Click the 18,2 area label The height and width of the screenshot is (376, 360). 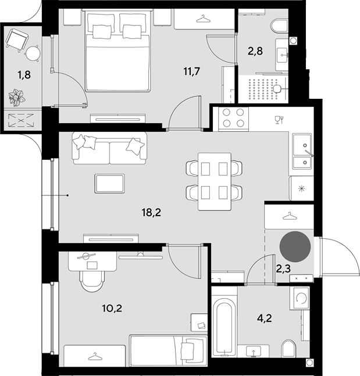(x=151, y=213)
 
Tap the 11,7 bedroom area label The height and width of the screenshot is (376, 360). (x=191, y=71)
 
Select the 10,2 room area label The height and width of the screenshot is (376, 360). (x=112, y=308)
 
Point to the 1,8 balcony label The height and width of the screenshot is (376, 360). (x=24, y=75)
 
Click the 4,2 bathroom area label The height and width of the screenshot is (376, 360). (x=264, y=318)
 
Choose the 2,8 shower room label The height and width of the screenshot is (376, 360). (x=255, y=51)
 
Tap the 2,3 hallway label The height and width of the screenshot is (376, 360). (x=283, y=269)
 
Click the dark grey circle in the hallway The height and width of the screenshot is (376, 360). (x=295, y=246)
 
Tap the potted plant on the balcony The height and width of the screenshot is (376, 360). (x=17, y=97)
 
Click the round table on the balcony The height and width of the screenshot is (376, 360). (x=33, y=53)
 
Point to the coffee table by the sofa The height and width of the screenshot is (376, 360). (x=109, y=184)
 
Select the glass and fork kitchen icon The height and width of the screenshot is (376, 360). (x=279, y=120)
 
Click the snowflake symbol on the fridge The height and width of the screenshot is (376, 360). (x=301, y=189)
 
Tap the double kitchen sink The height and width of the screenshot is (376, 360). (x=302, y=151)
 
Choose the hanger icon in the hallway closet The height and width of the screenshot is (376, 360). (x=290, y=216)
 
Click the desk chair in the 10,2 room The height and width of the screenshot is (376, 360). (x=92, y=281)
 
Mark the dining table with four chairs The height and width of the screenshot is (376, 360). (x=215, y=181)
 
